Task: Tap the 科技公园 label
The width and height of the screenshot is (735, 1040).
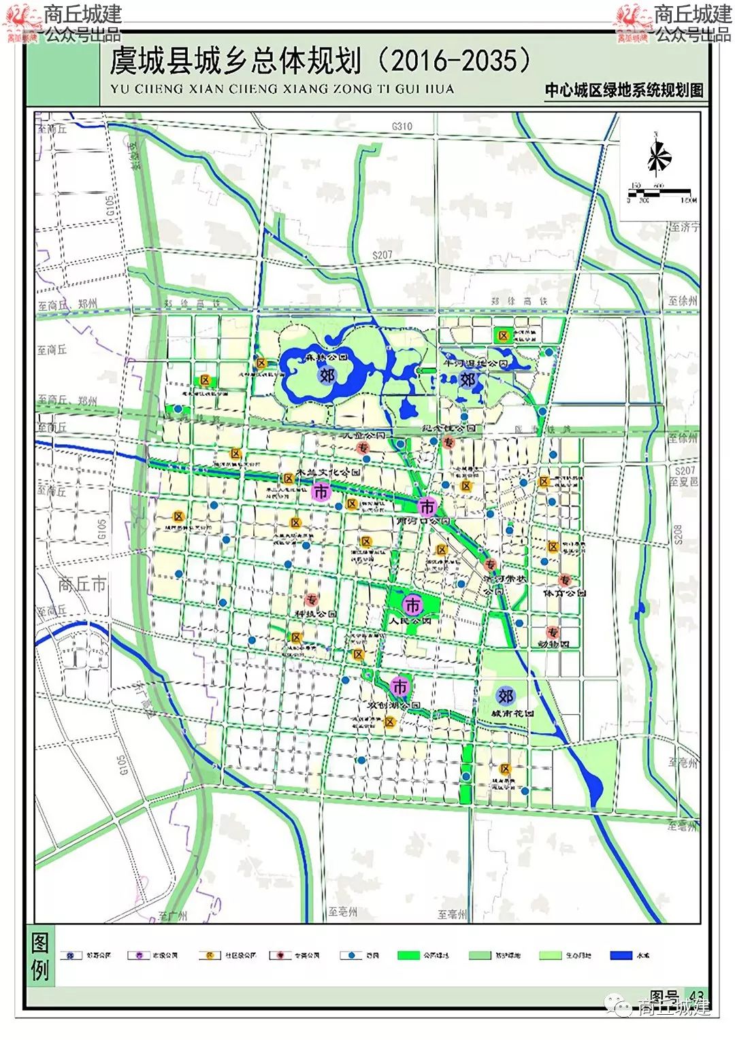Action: coord(315,614)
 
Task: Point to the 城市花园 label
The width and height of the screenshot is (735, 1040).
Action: coord(512,714)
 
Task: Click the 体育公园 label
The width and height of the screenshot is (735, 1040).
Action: coord(564,593)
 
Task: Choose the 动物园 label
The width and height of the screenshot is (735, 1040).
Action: coord(554,643)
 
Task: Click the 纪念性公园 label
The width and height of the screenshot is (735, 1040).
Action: coord(450,429)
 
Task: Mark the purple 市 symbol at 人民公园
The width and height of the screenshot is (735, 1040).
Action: coord(412,605)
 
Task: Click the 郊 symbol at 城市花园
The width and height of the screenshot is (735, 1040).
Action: coord(505,696)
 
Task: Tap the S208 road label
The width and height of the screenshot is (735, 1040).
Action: coord(678,534)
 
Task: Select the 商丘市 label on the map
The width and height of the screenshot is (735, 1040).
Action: coord(82,584)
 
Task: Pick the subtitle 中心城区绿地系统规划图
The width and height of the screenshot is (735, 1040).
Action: coord(623,90)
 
